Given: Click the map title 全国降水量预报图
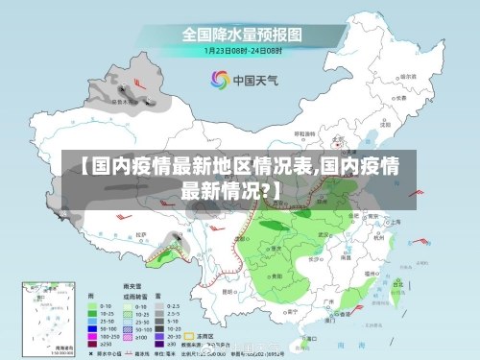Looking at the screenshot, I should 242,35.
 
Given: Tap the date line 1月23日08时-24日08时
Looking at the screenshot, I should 241,51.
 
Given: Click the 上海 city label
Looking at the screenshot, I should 395,220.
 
